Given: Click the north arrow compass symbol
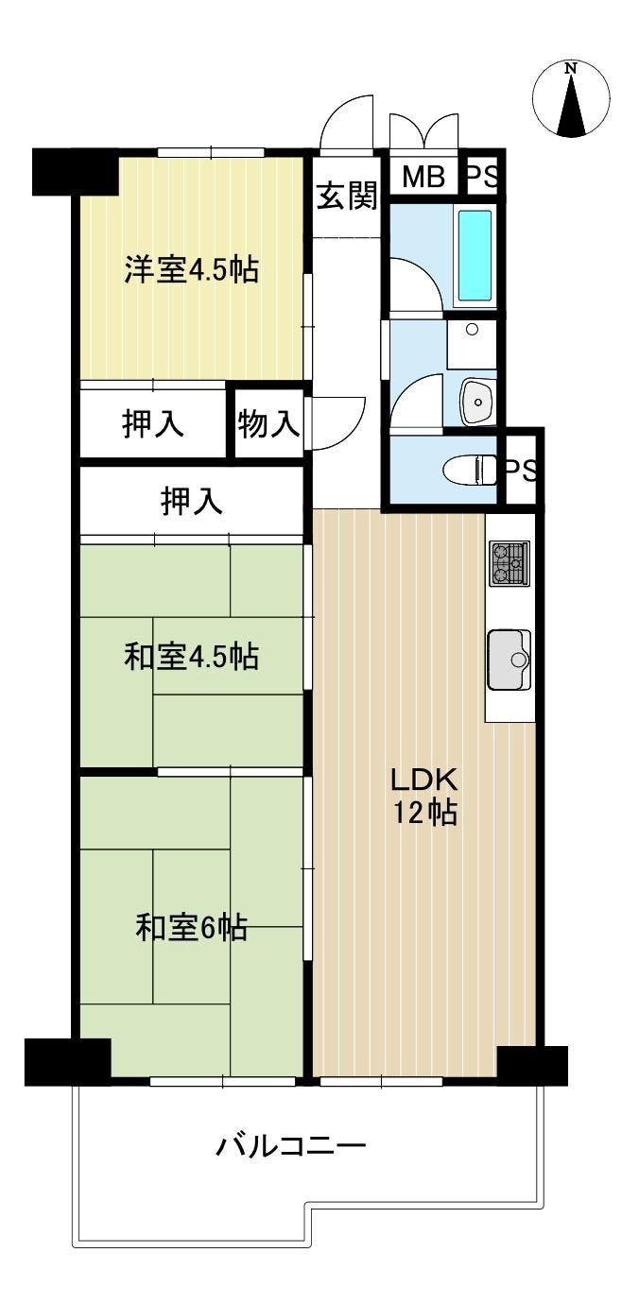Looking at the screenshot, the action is (x=572, y=98).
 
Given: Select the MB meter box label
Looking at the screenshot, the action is (x=423, y=176).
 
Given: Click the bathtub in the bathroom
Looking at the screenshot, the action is (x=475, y=255).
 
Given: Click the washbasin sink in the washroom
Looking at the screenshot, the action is (x=477, y=401).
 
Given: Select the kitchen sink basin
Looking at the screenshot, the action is (x=509, y=659).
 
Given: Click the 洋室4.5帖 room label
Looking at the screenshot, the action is (x=192, y=269).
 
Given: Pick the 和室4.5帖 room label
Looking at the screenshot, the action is (x=192, y=656).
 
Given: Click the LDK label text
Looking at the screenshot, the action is (x=424, y=781).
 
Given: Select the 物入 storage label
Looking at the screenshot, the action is (x=268, y=423).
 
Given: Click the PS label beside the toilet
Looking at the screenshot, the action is (x=520, y=471).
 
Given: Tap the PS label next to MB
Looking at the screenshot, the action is (x=482, y=177).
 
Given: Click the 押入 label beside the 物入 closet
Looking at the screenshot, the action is (x=152, y=423).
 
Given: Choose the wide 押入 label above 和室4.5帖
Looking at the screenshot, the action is (x=192, y=501).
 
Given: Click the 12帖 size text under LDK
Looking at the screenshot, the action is (x=424, y=812).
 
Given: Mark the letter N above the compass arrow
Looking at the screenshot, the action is (x=572, y=69).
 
